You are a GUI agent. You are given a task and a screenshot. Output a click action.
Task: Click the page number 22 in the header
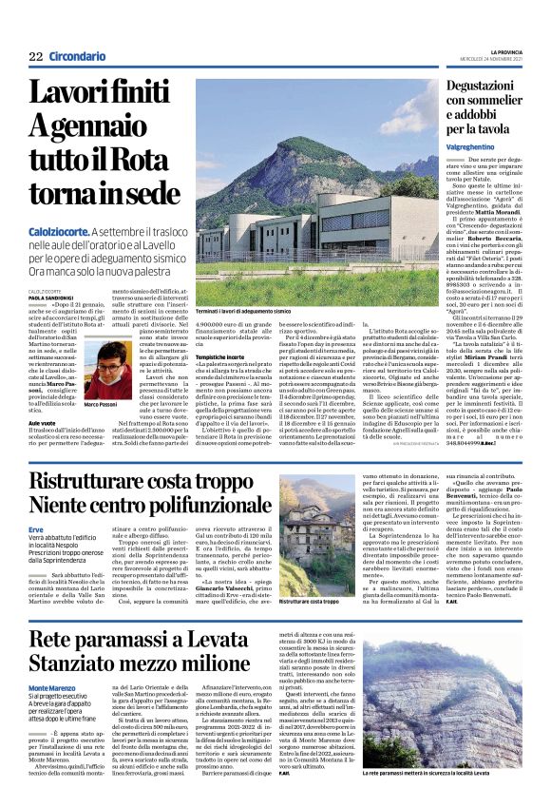point(35,56)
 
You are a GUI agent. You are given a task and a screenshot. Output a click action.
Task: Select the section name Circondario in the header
point(80,56)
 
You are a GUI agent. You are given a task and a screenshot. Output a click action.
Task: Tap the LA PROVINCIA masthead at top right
point(516,51)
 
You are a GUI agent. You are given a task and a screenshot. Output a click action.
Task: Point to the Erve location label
point(36,529)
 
